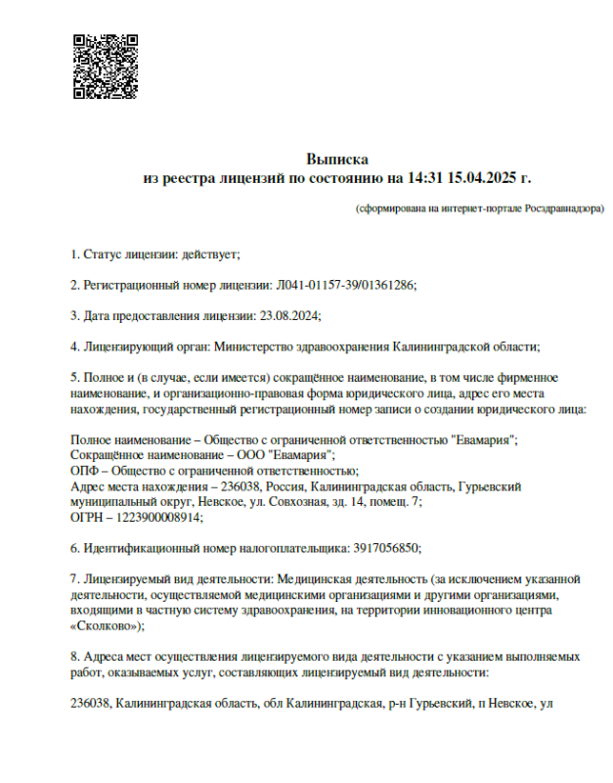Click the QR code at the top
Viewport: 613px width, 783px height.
pos(106,67)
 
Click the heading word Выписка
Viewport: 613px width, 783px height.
pos(336,158)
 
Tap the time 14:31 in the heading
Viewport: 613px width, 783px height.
pos(425,177)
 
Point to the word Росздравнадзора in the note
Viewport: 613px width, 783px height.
pos(564,208)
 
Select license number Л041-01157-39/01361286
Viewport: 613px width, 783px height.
pos(343,285)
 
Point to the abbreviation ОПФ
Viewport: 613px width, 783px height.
pos(85,470)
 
